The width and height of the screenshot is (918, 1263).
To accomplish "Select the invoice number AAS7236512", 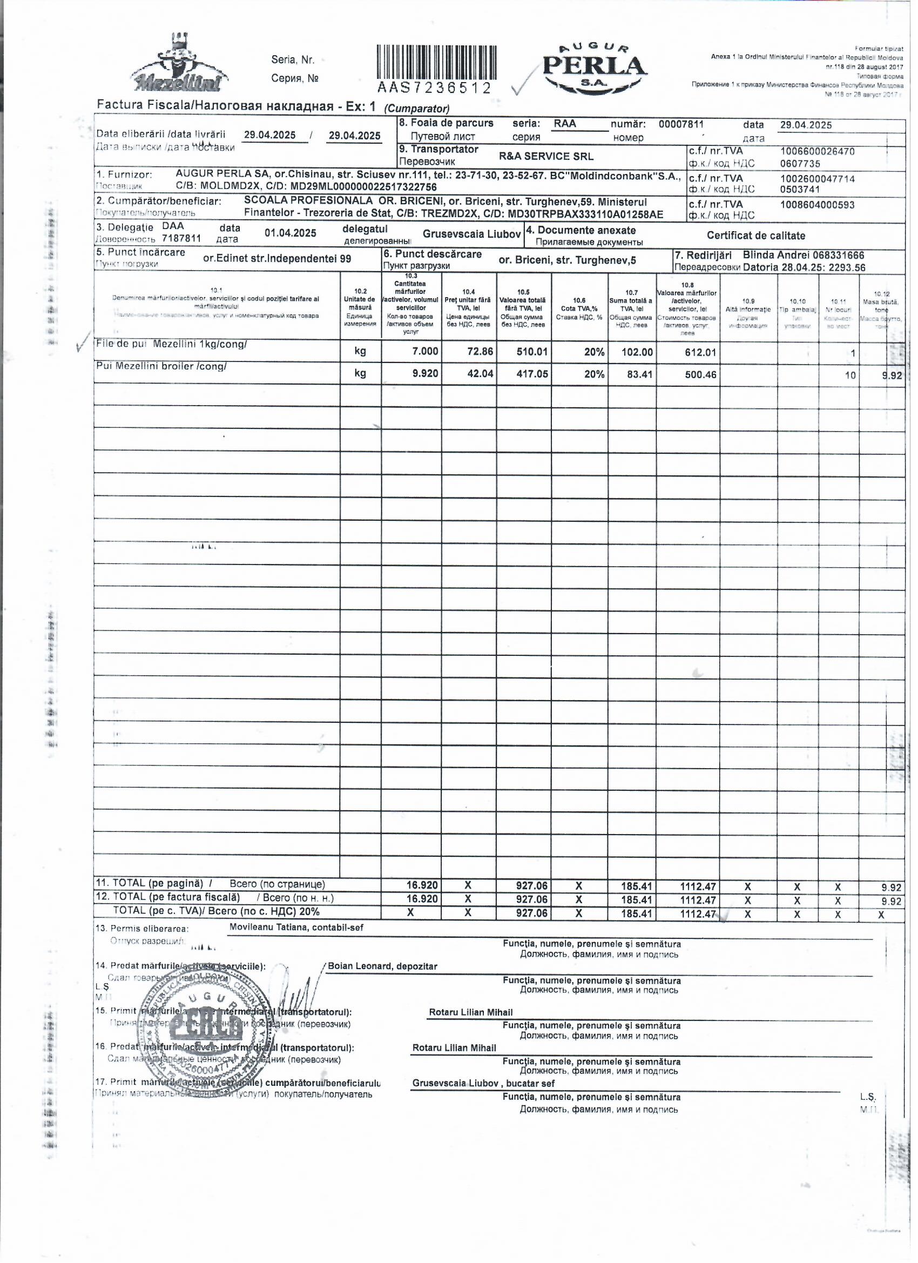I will click(435, 88).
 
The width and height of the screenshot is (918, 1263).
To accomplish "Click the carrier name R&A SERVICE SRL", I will click(545, 157).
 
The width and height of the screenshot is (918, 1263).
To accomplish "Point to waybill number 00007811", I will click(681, 124).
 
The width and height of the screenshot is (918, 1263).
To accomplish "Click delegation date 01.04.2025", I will click(290, 233).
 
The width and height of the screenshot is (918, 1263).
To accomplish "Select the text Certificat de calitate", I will click(755, 236).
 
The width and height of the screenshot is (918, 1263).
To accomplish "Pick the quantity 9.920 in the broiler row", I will click(425, 374).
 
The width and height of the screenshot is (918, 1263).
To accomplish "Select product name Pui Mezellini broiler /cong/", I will click(161, 366).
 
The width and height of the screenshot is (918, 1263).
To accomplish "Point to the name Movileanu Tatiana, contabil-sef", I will click(296, 928).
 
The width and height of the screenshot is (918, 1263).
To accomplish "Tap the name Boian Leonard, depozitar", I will click(382, 966).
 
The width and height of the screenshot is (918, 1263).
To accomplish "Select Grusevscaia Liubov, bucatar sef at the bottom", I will click(483, 1083).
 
